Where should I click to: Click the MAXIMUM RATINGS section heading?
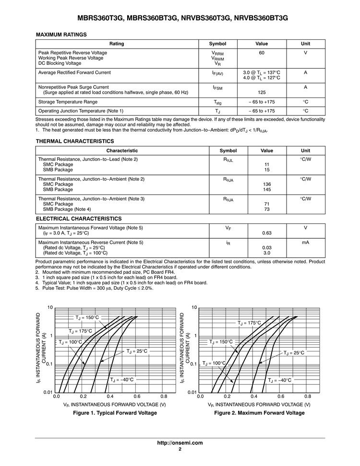click(61, 35)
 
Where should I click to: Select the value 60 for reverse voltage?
click(262, 52)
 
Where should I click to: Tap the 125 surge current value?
click(262, 92)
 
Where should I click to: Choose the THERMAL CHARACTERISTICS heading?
click(75, 141)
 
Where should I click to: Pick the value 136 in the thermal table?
click(266, 184)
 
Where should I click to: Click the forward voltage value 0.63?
click(267, 233)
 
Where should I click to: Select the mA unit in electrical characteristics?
click(305, 243)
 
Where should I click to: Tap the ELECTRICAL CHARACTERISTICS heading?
click(79, 219)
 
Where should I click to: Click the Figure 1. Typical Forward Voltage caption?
click(115, 413)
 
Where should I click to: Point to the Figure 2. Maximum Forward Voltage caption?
click(259, 413)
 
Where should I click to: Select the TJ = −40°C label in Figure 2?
click(279, 380)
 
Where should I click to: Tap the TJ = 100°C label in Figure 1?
click(71, 342)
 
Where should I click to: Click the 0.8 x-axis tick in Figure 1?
click(163, 397)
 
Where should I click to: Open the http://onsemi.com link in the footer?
click(180, 442)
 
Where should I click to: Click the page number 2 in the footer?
click(180, 449)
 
